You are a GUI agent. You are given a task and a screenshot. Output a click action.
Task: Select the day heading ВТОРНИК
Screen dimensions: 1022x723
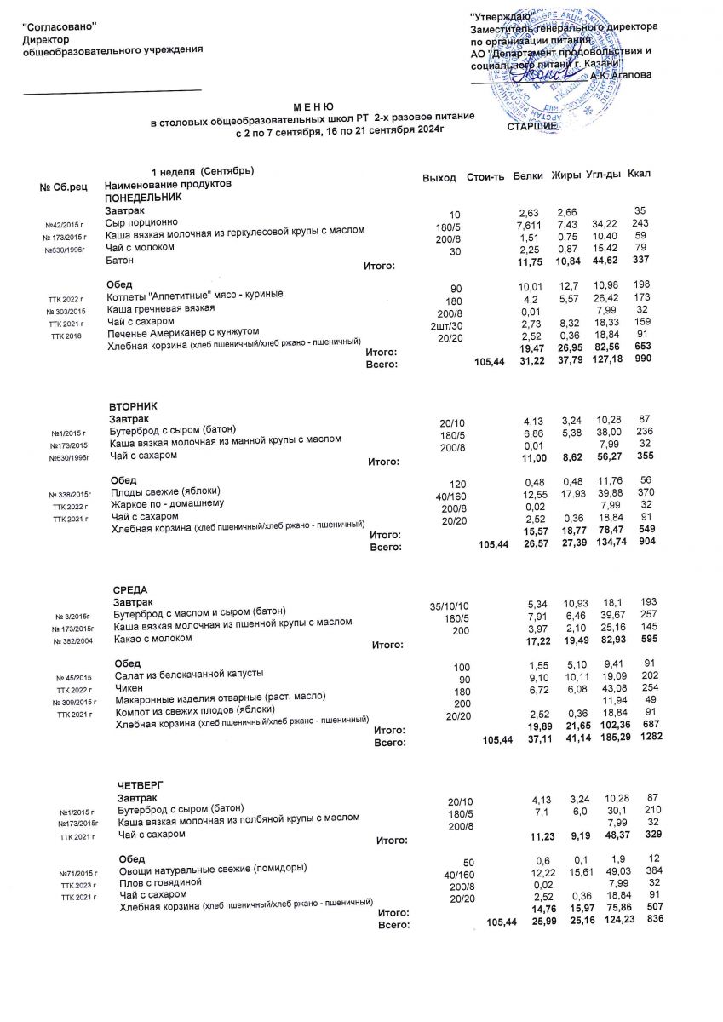coord(135,405)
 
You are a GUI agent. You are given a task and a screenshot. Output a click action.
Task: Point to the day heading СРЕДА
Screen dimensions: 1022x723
coord(130,589)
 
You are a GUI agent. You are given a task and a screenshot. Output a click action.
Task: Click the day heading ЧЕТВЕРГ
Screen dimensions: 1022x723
coord(140,784)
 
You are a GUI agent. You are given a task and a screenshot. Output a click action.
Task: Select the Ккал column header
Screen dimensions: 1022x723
coord(639,175)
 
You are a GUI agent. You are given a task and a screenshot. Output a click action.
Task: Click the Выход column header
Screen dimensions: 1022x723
coord(439,177)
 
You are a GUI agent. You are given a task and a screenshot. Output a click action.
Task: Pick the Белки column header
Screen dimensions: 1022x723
coord(529,175)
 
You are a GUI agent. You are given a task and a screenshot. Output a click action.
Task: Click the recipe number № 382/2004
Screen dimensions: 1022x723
coord(73,641)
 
